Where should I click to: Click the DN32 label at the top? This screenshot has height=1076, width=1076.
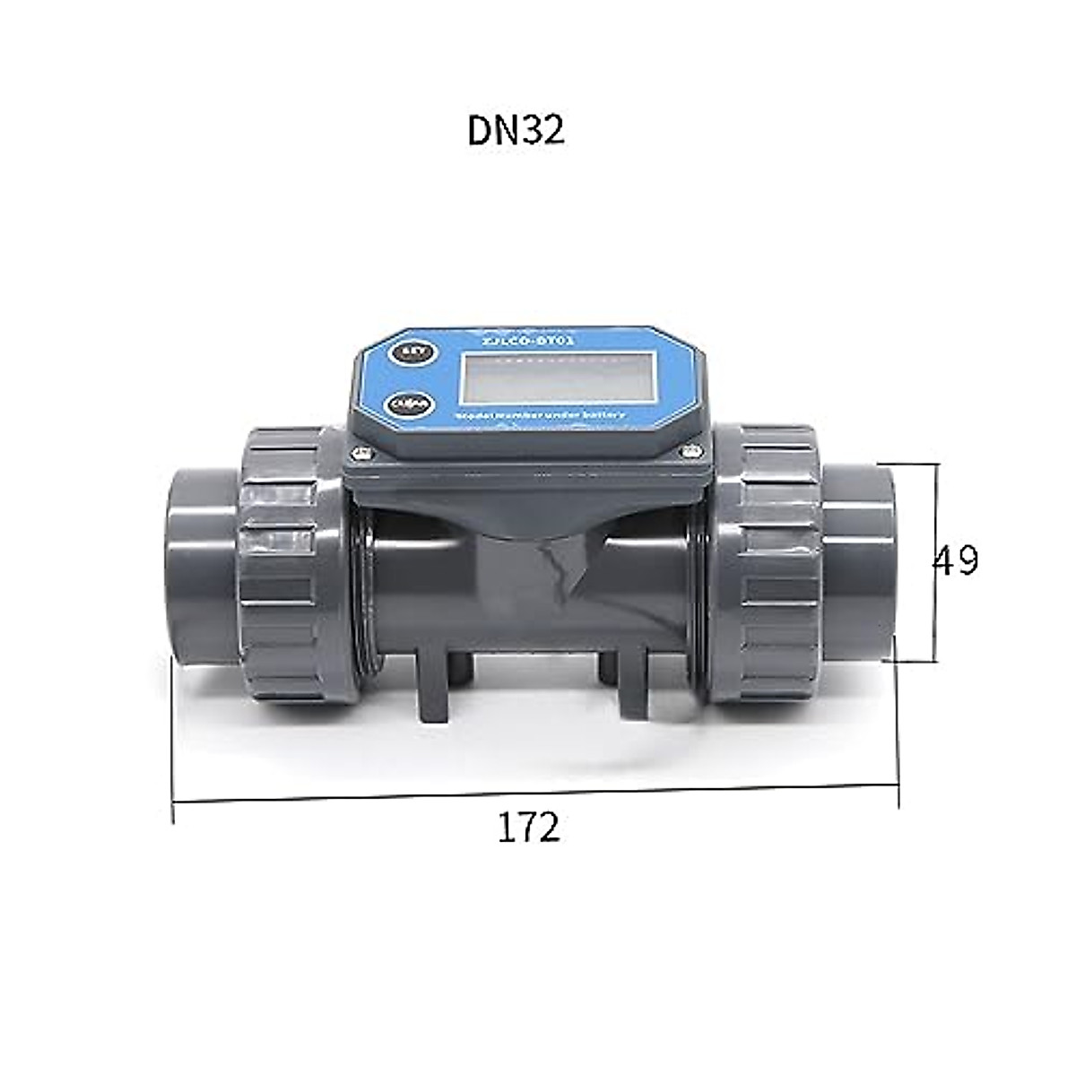(x=516, y=131)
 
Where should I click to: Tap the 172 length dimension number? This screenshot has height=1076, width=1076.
(x=529, y=828)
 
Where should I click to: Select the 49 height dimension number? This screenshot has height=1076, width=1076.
(x=955, y=560)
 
